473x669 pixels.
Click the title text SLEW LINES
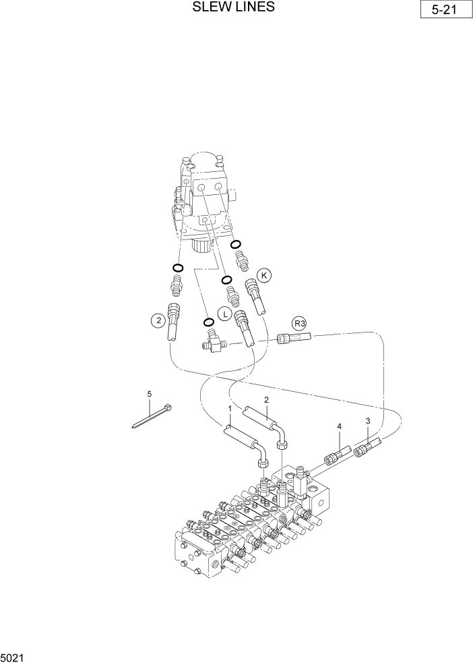(233, 7)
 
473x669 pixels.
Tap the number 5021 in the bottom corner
(13, 655)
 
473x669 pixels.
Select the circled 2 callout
(158, 321)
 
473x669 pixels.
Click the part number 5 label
(150, 394)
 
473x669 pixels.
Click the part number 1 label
(230, 409)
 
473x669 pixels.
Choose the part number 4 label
(340, 426)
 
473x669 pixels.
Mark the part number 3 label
(367, 421)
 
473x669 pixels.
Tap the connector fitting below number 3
(368, 446)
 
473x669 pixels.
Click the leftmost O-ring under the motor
(178, 268)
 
